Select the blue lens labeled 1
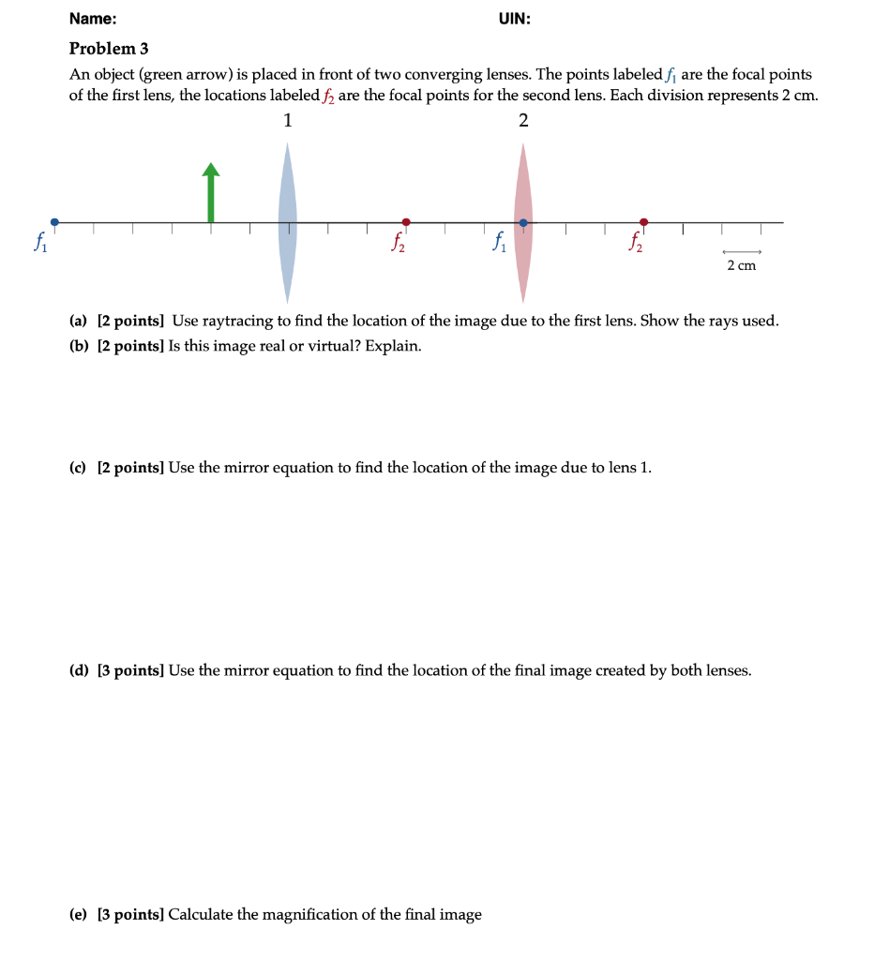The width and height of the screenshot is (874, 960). click(x=288, y=222)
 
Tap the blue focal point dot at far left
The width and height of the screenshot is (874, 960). click(x=54, y=222)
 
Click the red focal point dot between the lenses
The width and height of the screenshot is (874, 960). click(x=405, y=222)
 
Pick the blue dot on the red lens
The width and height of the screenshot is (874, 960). click(x=523, y=223)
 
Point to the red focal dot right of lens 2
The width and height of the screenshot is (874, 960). click(x=643, y=222)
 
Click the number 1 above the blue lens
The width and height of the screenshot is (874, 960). click(x=287, y=120)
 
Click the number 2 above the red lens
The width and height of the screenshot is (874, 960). click(x=523, y=120)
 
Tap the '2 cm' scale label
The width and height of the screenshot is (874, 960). click(x=741, y=266)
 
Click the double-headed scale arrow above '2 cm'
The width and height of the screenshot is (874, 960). click(x=741, y=252)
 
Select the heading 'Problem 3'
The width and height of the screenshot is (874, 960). click(x=109, y=49)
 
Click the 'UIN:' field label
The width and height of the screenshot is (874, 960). click(x=514, y=19)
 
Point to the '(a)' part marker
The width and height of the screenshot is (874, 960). click(x=79, y=322)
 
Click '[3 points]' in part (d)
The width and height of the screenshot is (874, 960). click(x=130, y=670)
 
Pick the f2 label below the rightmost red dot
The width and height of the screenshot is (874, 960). click(x=639, y=243)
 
